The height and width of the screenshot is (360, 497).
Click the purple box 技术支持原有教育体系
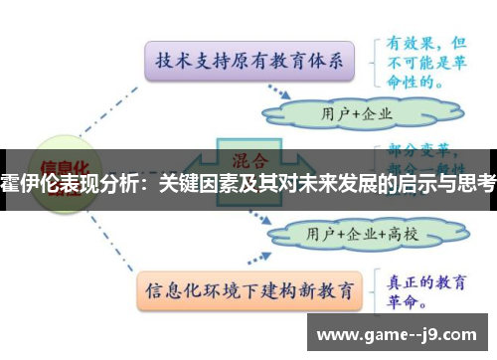pyautogui.click(x=248, y=61)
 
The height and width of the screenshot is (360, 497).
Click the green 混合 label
pyautogui.click(x=248, y=159)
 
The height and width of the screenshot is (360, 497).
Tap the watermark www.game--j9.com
pyautogui.click(x=403, y=333)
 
